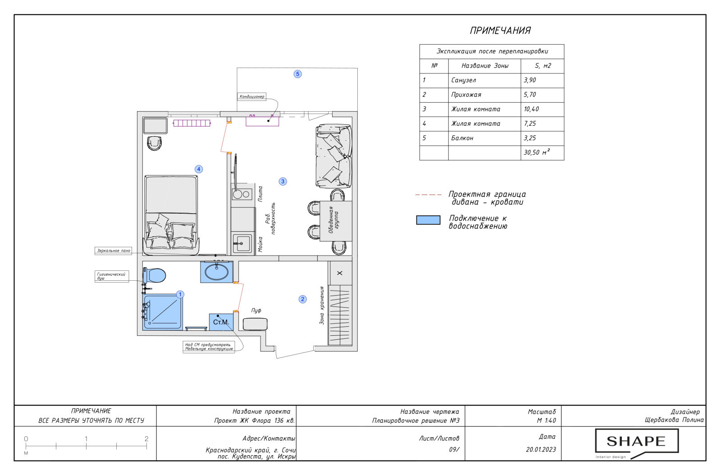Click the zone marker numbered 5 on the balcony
click(297, 74)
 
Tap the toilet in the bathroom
click(154, 275)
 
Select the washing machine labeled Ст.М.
click(221, 322)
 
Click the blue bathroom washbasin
click(217, 272)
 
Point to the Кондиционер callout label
click(252, 96)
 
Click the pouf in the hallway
click(255, 324)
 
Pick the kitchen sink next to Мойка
click(242, 243)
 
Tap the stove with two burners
click(242, 194)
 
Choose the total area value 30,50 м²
click(537, 152)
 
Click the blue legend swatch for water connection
click(428, 220)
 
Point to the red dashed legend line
click(429, 195)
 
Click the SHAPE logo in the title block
click(637, 443)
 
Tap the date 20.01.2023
click(541, 450)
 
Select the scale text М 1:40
click(546, 420)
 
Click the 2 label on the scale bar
click(146, 438)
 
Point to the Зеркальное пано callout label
click(113, 251)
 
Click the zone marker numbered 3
click(283, 182)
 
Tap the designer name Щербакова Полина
click(674, 420)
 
